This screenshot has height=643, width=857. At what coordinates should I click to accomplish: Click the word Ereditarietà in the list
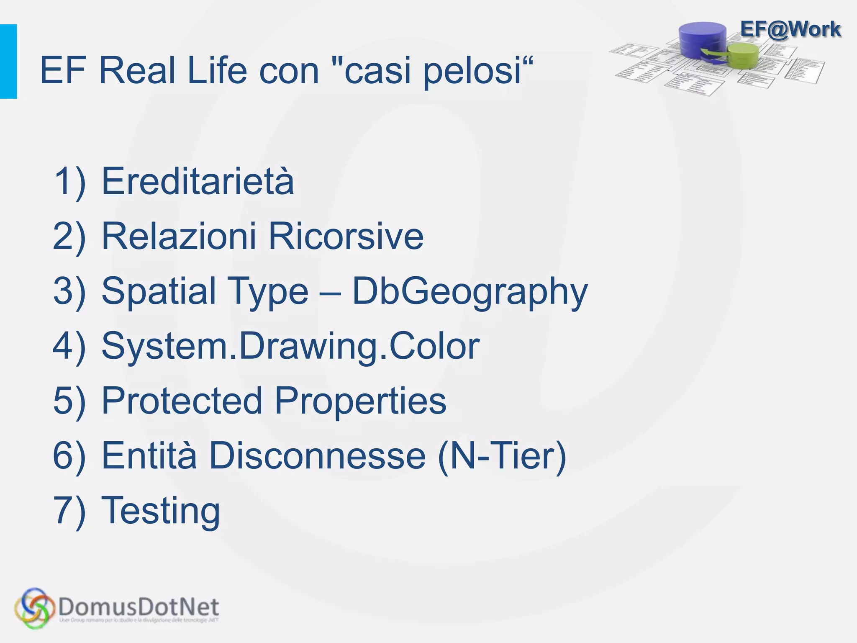198,181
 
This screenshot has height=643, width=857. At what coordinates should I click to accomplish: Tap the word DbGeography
470,292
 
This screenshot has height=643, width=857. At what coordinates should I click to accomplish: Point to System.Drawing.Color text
290,346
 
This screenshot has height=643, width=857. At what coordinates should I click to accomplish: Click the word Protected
182,401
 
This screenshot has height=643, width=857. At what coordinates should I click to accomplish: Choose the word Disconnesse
317,455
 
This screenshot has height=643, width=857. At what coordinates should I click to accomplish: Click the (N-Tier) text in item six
502,456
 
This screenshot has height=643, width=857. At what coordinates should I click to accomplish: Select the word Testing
161,511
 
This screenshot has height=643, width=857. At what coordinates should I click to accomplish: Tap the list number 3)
69,291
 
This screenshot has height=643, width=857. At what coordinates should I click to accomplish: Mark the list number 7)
69,511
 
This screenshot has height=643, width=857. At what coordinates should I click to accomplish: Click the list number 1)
69,181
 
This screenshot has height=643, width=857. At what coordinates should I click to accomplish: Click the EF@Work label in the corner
790,29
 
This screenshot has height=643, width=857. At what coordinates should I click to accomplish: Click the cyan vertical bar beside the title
8,62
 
